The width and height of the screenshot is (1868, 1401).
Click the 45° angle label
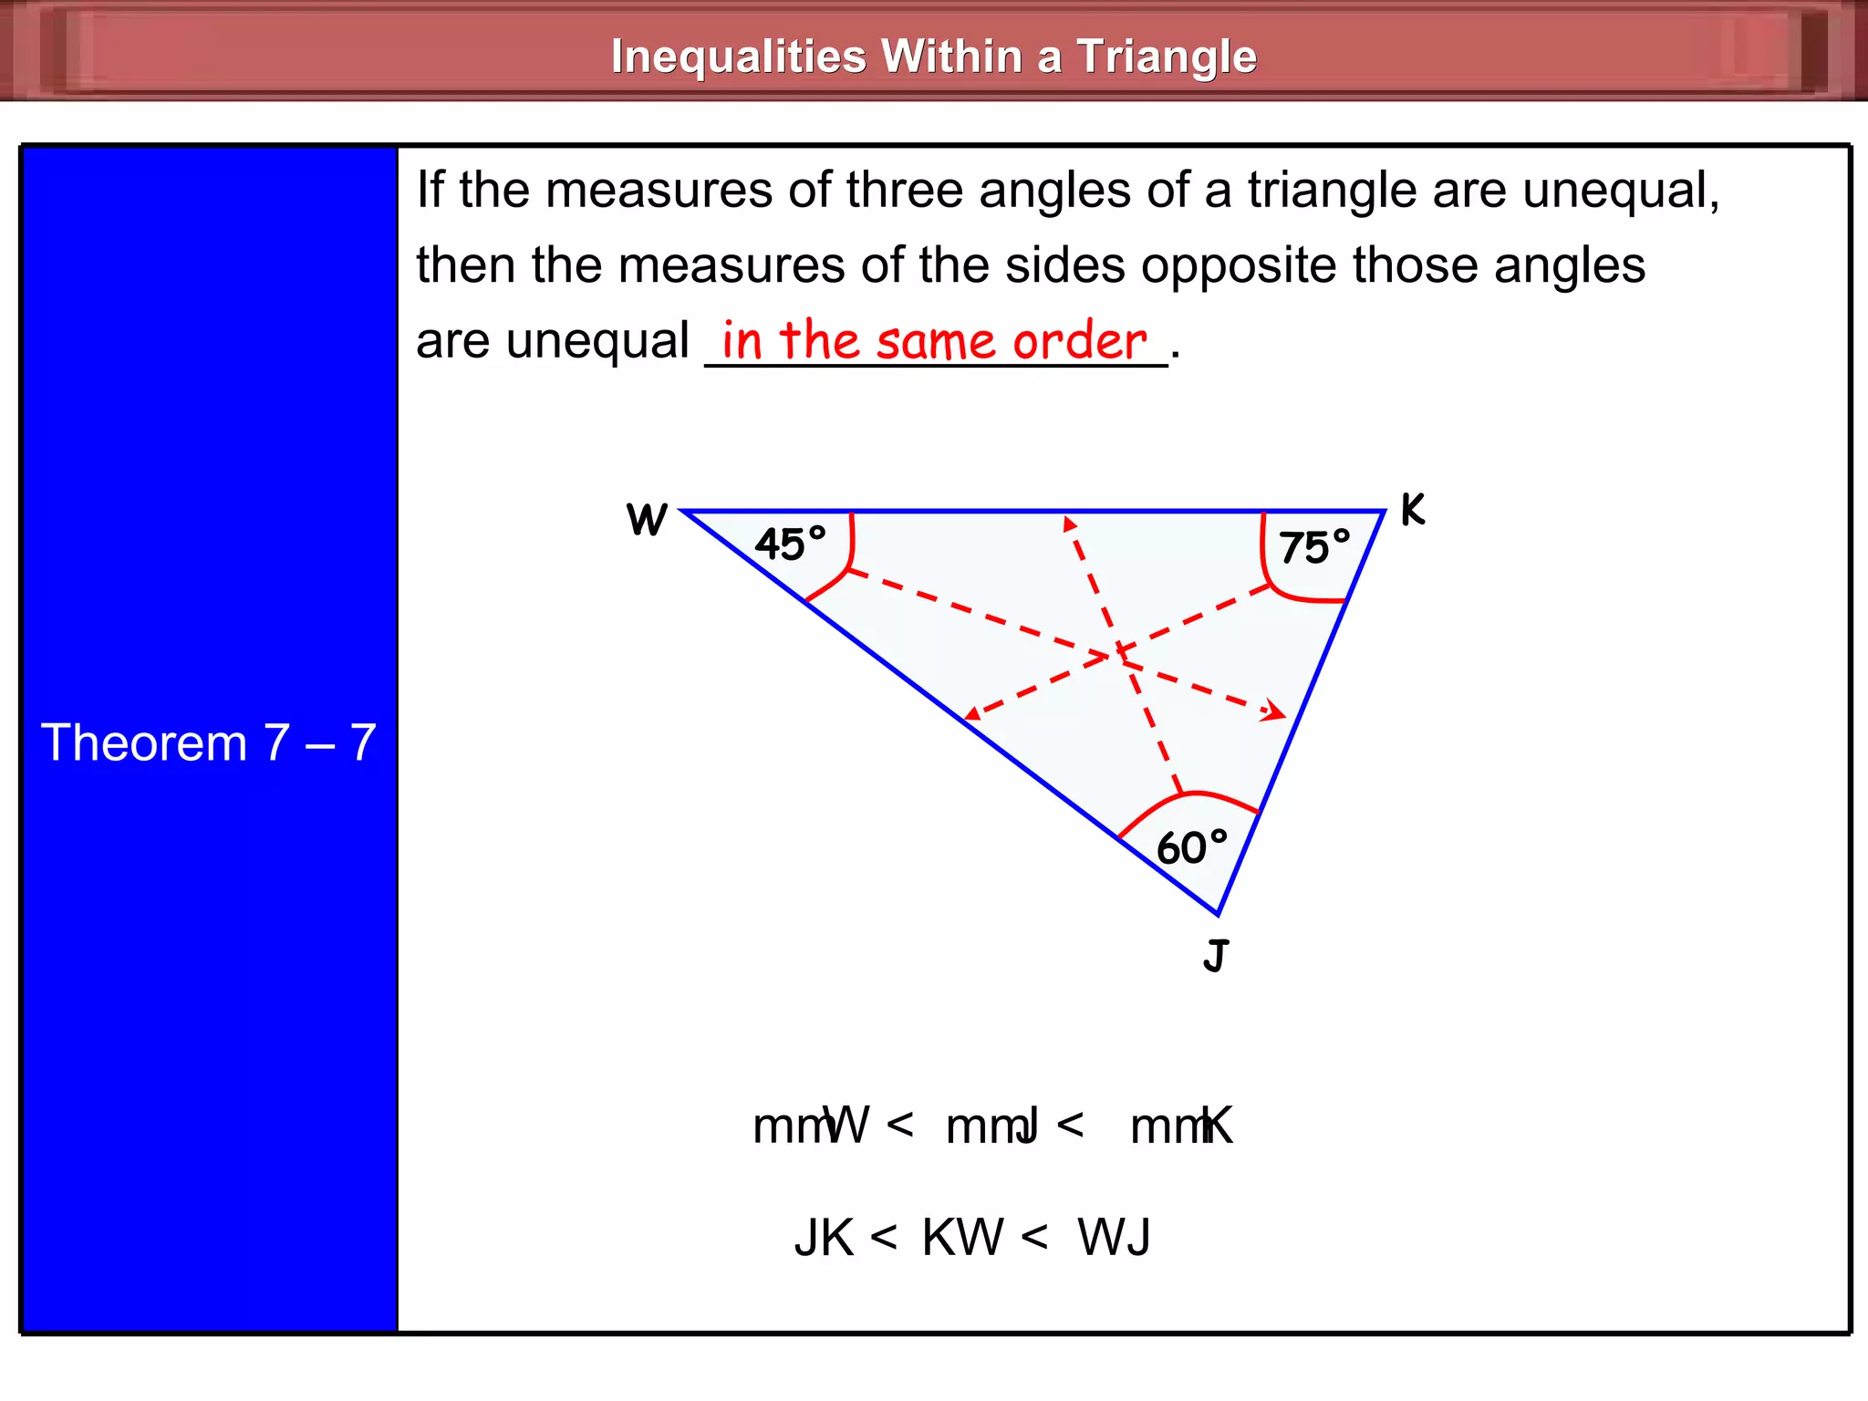790,544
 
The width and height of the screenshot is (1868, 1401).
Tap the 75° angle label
1313,547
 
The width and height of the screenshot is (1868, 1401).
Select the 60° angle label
1191,847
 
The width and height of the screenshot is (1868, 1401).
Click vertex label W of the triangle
647,520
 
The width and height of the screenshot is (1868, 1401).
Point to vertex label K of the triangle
1412,510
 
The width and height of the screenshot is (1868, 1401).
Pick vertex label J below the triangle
1216,956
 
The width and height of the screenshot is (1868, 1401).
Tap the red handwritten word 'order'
1080,341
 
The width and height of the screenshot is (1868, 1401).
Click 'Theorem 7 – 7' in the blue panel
209,742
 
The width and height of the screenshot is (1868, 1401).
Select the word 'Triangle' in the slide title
1167,57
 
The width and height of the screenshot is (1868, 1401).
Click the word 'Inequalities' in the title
738,57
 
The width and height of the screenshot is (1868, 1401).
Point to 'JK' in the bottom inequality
825,1238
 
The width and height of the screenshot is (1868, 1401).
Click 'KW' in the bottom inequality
962,1238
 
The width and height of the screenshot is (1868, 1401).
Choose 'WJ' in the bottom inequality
1114,1238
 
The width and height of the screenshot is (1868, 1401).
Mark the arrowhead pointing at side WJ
972,715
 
